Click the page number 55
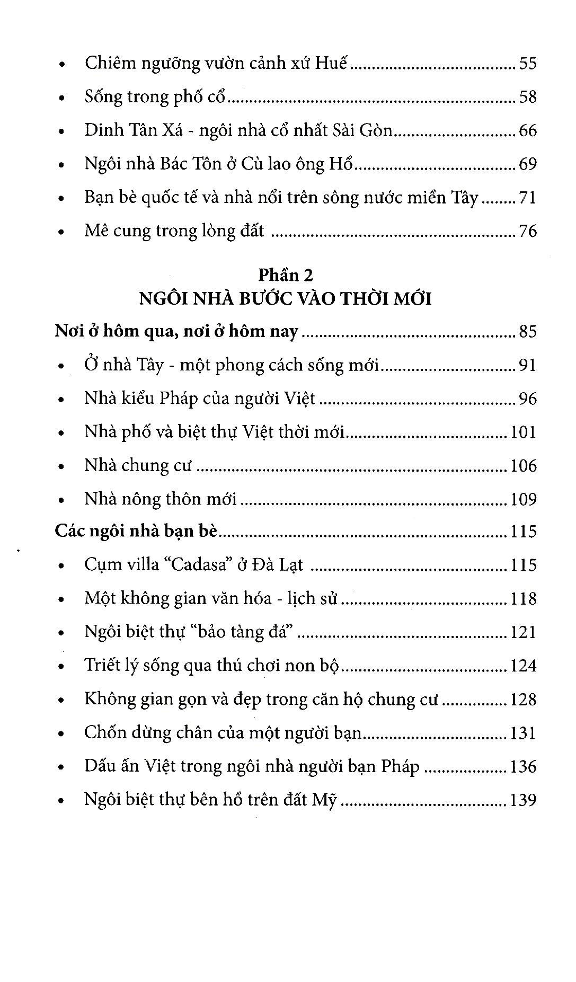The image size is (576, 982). pos(528,64)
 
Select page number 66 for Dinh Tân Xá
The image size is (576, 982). pos(528,130)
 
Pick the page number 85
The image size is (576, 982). pos(528,332)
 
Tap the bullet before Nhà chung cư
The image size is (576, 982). pos(63,466)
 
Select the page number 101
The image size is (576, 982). pos(523,432)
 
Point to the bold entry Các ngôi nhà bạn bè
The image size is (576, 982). pos(136,531)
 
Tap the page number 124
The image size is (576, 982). pos(523,666)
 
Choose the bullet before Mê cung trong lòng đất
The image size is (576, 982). pos(63,232)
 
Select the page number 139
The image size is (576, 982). pos(523,800)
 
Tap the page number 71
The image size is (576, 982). pos(528,198)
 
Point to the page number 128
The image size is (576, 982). pos(523,700)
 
